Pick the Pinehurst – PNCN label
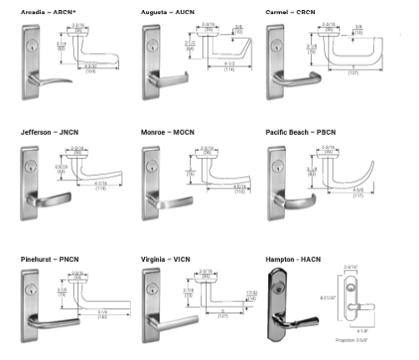(49, 260)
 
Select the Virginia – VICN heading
(166, 260)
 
